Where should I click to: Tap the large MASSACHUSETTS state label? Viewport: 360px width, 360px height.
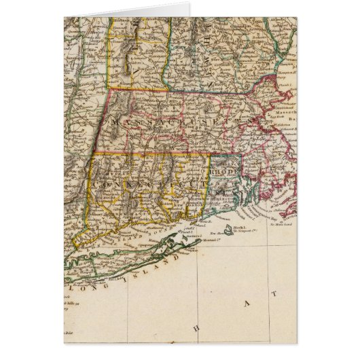pos(169,123)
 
